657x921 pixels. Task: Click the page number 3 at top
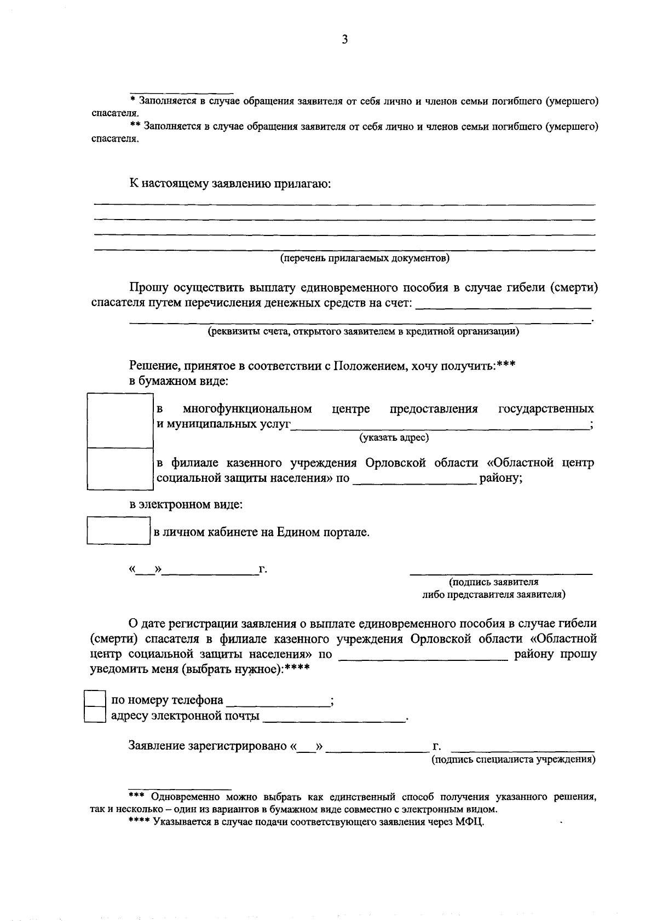click(344, 39)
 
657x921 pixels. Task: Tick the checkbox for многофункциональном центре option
click(120, 420)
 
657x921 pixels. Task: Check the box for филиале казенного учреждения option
click(120, 468)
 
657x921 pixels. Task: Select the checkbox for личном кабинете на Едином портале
click(118, 531)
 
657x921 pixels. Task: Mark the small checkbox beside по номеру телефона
click(94, 699)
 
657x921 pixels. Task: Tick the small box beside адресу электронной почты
click(94, 715)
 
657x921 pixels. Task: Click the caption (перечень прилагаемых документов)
click(365, 258)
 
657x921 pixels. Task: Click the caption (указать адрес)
click(394, 438)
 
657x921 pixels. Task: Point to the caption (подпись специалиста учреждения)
click(513, 760)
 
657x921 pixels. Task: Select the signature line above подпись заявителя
click(501, 573)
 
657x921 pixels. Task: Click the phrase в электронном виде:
click(186, 504)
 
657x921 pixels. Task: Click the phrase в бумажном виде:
click(178, 381)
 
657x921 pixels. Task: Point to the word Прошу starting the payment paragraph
click(148, 287)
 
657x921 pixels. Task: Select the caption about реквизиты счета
click(363, 331)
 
